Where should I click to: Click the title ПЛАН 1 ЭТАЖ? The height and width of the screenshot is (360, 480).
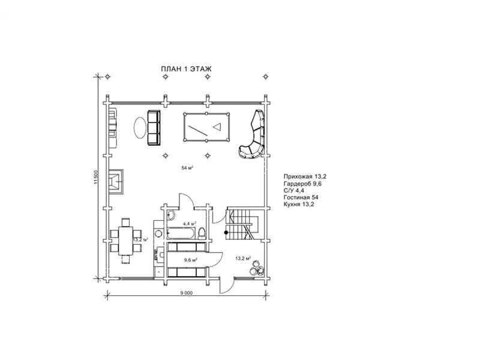tap(186, 69)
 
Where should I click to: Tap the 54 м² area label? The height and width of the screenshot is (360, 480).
tap(187, 168)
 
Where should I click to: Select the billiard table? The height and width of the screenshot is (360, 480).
tap(206, 127)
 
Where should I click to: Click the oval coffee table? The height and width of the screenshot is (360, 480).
tap(139, 128)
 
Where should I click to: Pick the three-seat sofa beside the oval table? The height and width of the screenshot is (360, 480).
tap(154, 128)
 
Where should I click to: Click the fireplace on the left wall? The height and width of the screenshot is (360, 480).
tap(116, 182)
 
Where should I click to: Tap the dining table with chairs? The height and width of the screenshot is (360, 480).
tap(126, 241)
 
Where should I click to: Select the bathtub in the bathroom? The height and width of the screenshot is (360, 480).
tap(181, 233)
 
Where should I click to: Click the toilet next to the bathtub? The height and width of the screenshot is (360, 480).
tap(202, 233)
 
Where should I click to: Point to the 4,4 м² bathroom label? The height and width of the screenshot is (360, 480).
tap(190, 223)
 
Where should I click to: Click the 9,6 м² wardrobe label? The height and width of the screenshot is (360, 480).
tap(190, 260)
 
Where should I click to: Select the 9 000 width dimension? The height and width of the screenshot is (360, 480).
tap(187, 293)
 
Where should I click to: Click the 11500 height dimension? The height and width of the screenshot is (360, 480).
tap(96, 177)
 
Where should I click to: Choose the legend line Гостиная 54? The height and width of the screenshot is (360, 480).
tap(301, 197)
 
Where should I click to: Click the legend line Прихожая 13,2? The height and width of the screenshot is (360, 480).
tap(305, 176)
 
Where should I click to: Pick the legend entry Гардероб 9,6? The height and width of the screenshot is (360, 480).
tap(302, 184)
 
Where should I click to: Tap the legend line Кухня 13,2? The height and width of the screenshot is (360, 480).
tap(299, 205)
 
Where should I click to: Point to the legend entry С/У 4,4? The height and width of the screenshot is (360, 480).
tap(294, 190)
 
